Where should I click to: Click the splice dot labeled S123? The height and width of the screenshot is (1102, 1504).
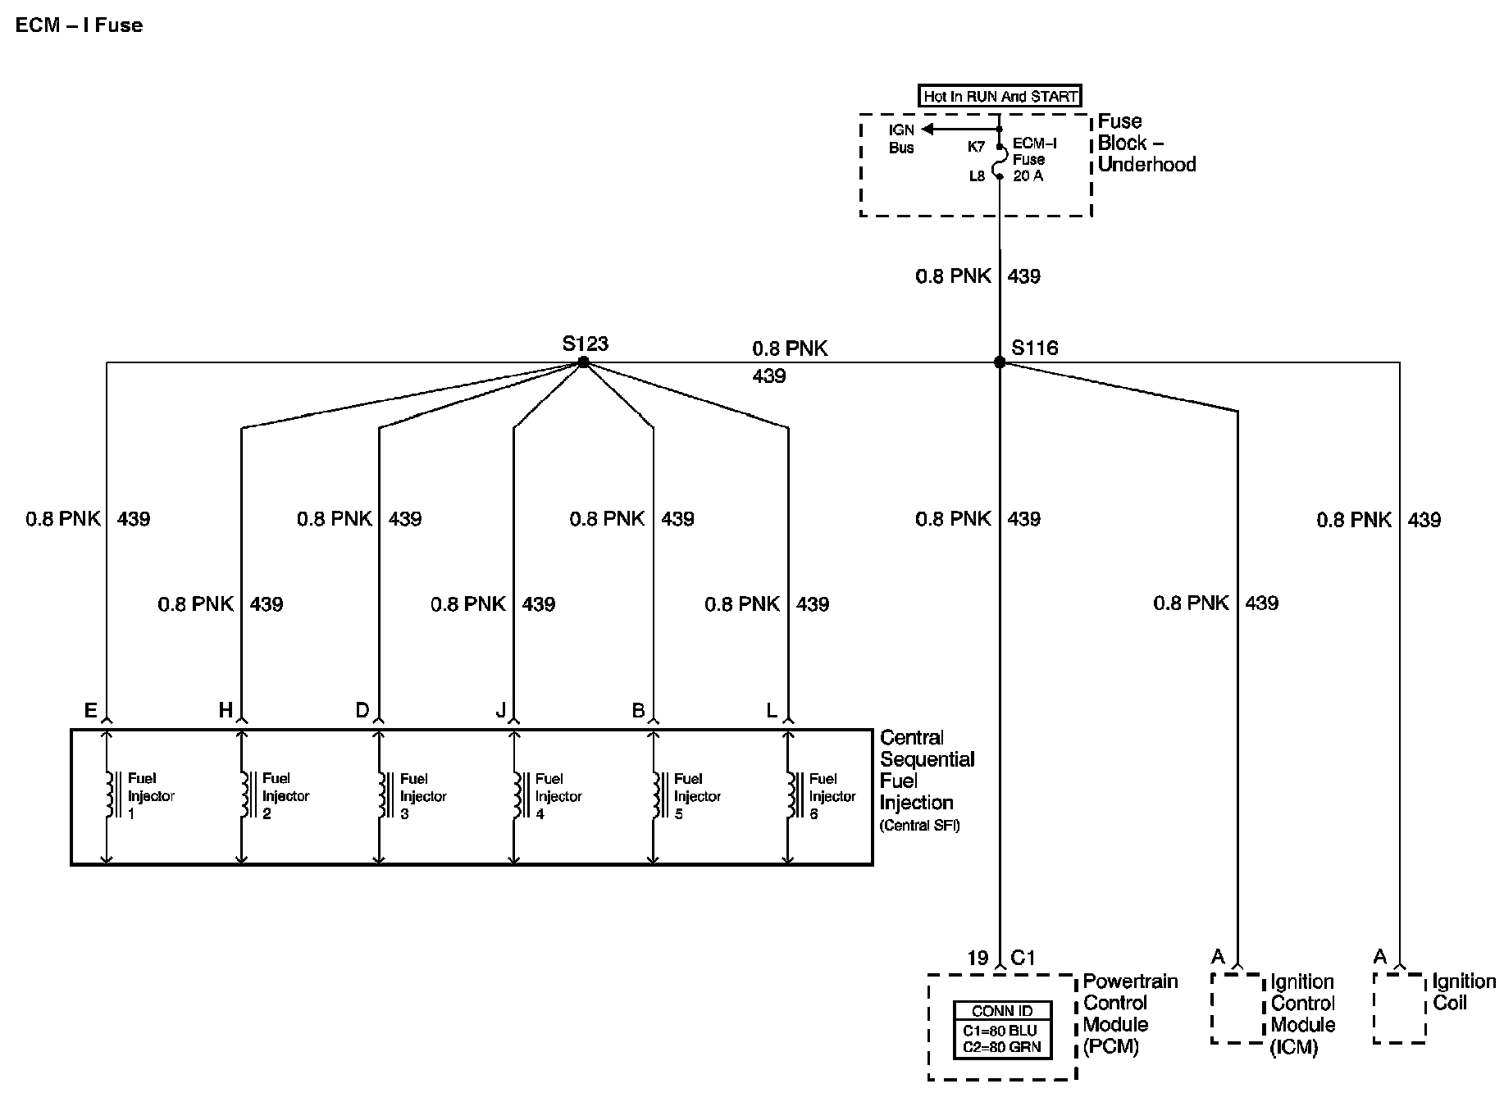pyautogui.click(x=583, y=362)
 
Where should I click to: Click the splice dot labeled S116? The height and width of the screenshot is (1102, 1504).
pyautogui.click(x=999, y=362)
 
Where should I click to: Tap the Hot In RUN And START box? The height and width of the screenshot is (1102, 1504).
pyautogui.click(x=1000, y=96)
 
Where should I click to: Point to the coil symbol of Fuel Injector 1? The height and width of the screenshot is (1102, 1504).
pyautogui.click(x=108, y=795)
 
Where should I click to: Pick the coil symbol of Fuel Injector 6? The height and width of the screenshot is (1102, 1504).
pyautogui.click(x=791, y=795)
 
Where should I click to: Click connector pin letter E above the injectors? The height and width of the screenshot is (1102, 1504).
pyautogui.click(x=90, y=711)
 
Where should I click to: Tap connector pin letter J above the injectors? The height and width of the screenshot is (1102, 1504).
pyautogui.click(x=501, y=711)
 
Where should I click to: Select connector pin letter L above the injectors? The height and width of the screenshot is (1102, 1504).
pyautogui.click(x=771, y=711)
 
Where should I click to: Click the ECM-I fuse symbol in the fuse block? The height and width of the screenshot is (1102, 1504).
pyautogui.click(x=1000, y=161)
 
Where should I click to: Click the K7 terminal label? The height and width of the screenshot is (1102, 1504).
pyautogui.click(x=976, y=147)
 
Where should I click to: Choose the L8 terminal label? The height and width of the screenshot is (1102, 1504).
pyautogui.click(x=976, y=175)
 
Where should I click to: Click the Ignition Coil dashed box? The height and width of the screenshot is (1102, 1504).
pyautogui.click(x=1399, y=1008)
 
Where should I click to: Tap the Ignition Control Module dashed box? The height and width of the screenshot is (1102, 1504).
pyautogui.click(x=1237, y=1008)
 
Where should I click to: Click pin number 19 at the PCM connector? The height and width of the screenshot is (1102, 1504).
pyautogui.click(x=978, y=958)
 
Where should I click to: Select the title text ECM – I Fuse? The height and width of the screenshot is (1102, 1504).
pyautogui.click(x=79, y=25)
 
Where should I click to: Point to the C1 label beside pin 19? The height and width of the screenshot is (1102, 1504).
pyautogui.click(x=1023, y=958)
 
